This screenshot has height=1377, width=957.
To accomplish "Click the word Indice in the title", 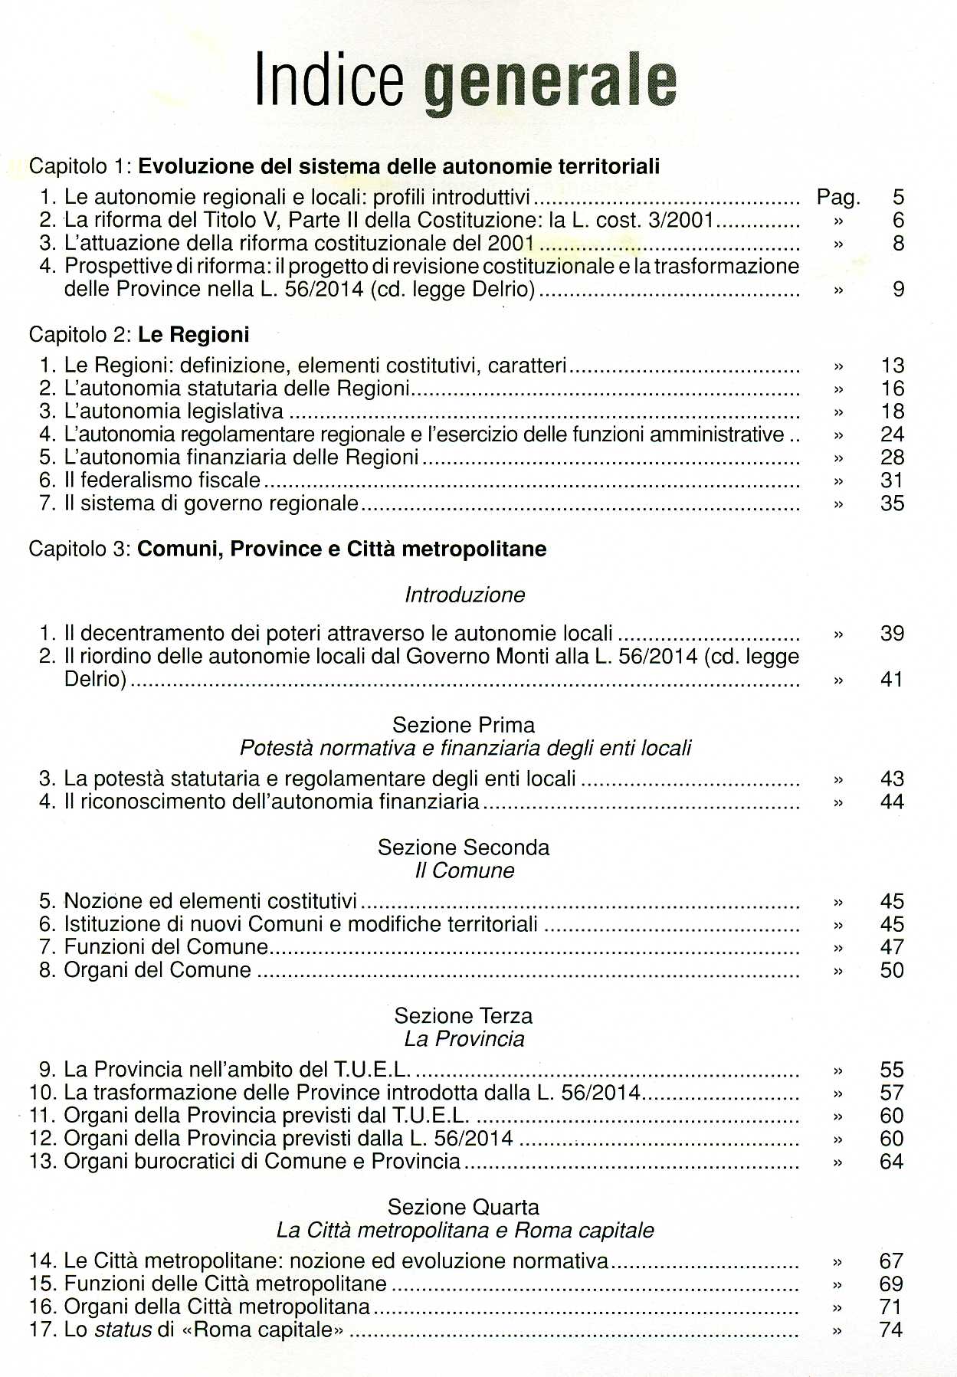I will (329, 79).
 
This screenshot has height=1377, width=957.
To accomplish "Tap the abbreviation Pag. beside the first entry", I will (838, 198).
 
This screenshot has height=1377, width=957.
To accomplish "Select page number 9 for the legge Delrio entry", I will (898, 290).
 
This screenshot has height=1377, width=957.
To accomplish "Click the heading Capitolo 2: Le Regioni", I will (139, 335).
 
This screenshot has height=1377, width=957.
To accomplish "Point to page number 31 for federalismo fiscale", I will (892, 480).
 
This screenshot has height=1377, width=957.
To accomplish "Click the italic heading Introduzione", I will (464, 595).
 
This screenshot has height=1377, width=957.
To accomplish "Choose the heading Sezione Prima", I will (464, 725).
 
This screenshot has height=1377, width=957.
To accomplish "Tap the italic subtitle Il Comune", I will (464, 870).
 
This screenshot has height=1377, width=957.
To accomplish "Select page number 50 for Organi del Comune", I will (892, 970).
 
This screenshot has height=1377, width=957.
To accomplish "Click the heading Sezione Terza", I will (464, 1016).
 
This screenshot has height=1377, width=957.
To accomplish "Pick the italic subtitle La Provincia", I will (464, 1039).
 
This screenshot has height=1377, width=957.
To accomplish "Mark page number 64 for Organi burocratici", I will (892, 1162).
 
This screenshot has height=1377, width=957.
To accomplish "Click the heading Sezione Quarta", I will (464, 1208).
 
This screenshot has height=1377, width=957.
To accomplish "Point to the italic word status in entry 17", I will (123, 1330).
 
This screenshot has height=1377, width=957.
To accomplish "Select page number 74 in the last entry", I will (891, 1330).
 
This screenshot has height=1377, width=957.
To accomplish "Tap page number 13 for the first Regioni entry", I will (892, 366).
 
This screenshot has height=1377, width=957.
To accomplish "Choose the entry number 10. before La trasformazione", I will (42, 1093).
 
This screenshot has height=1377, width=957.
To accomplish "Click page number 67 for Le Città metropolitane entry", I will (891, 1261).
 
